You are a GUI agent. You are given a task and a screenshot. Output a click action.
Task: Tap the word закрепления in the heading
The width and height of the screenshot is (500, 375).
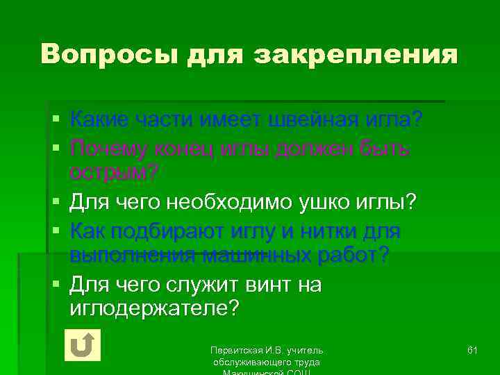pos(358,54)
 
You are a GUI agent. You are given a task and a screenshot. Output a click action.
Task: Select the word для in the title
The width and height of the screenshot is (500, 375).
pos(212,54)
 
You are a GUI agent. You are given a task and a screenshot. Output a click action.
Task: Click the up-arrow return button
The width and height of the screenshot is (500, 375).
pos(82,344)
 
